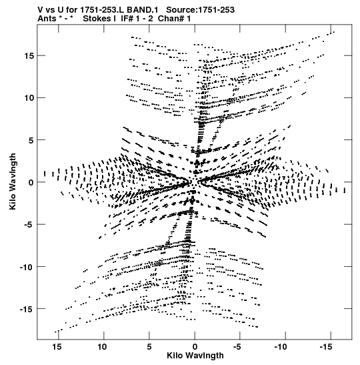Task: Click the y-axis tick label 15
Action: (29, 56)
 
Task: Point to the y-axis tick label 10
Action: (29, 98)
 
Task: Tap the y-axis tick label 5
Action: (31, 140)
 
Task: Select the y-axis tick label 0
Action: (31, 183)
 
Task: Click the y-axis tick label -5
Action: (29, 225)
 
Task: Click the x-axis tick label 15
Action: (57, 347)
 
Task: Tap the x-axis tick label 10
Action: (103, 347)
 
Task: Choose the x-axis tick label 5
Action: (149, 347)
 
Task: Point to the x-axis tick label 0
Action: (195, 347)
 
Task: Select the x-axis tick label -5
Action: (237, 347)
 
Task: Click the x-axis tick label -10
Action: (281, 347)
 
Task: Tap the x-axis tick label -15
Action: (326, 347)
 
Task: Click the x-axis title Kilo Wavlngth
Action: (195, 356)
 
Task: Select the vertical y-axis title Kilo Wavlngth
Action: (13, 181)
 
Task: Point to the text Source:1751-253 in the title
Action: (201, 10)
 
